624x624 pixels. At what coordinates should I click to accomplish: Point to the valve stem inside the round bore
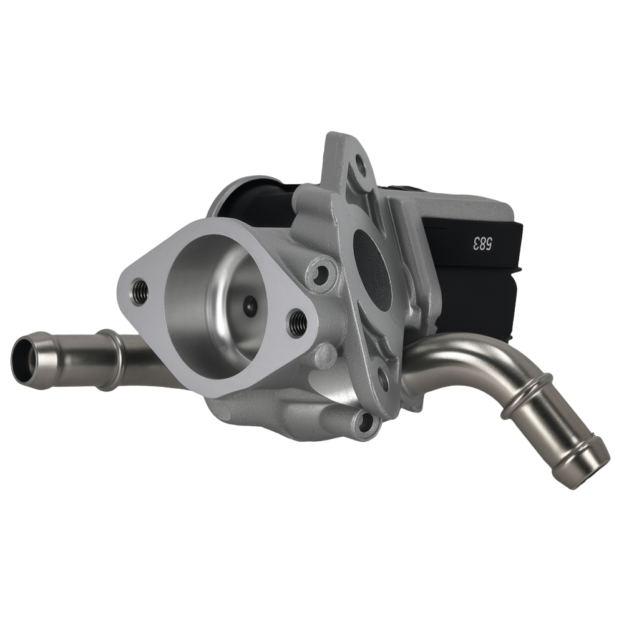pos(250,305)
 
